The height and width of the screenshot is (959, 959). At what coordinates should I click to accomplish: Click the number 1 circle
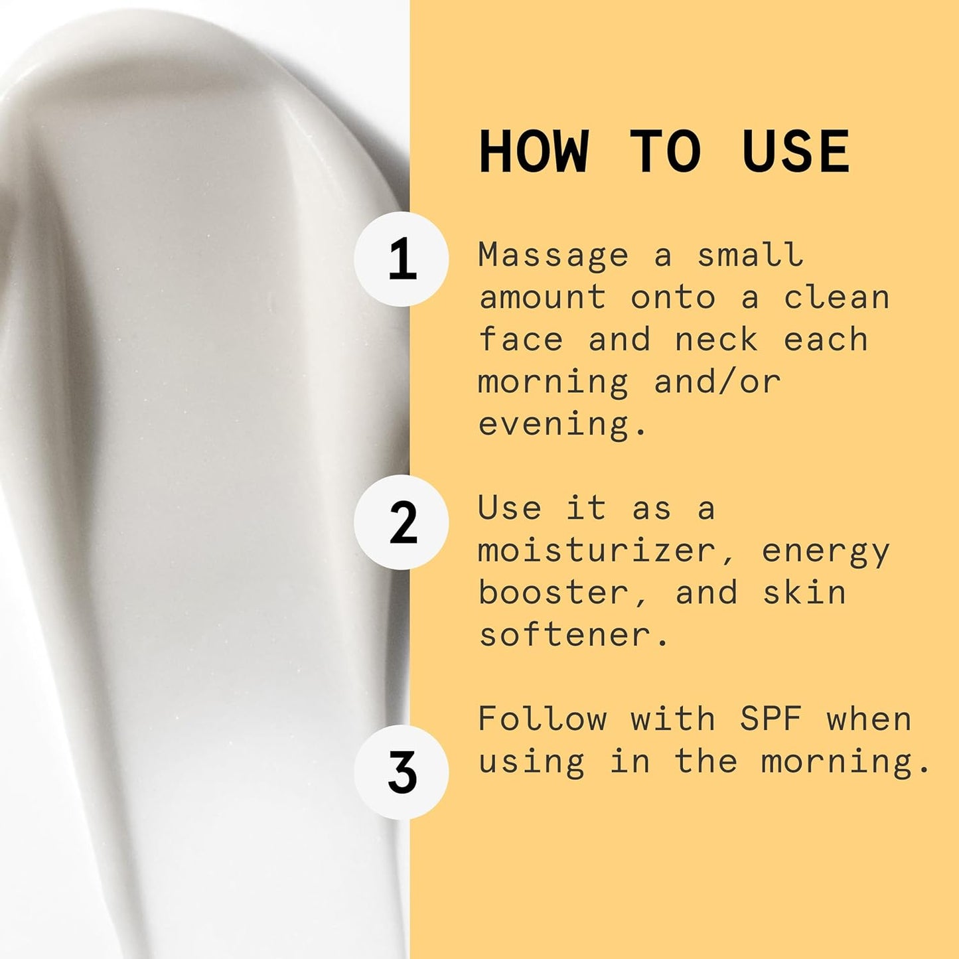pyautogui.click(x=401, y=259)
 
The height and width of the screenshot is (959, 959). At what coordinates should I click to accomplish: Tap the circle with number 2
pyautogui.click(x=401, y=522)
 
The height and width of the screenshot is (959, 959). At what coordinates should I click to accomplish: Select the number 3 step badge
pyautogui.click(x=401, y=772)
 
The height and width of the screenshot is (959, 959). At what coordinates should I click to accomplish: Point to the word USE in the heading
pyautogui.click(x=796, y=152)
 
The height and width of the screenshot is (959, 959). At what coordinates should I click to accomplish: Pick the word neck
pyautogui.click(x=716, y=340)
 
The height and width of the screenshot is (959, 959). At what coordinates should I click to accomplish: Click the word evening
pyautogui.click(x=553, y=425)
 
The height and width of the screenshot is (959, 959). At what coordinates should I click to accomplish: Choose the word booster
pyautogui.click(x=553, y=593)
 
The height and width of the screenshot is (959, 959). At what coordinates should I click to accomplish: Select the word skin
pyautogui.click(x=804, y=593)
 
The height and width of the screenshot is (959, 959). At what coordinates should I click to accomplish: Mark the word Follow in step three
pyautogui.click(x=542, y=719)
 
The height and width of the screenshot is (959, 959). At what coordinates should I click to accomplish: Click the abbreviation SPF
pyautogui.click(x=771, y=719)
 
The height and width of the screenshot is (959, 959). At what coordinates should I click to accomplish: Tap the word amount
pyautogui.click(x=542, y=298)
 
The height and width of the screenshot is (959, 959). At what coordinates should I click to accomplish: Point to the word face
pyautogui.click(x=520, y=340)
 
